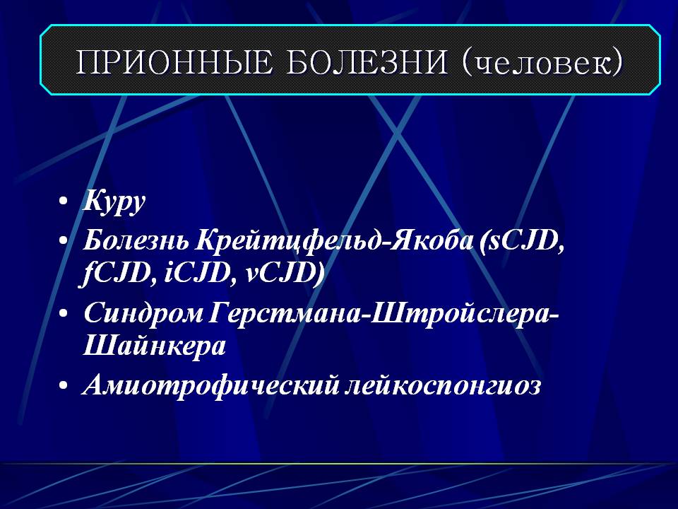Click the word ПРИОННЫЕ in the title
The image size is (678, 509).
pyautogui.click(x=174, y=62)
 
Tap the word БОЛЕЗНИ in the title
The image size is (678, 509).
pyautogui.click(x=367, y=62)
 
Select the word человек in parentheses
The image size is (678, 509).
pyautogui.click(x=542, y=63)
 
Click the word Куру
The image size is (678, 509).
pyautogui.click(x=114, y=201)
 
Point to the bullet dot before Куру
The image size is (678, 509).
pyautogui.click(x=64, y=201)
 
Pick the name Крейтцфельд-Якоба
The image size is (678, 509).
pyautogui.click(x=334, y=240)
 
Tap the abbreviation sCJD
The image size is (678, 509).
pyautogui.click(x=522, y=240)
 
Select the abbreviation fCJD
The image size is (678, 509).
pyautogui.click(x=114, y=274)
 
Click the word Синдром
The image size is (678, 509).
pyautogui.click(x=143, y=312)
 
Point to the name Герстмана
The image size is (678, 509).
pyautogui.click(x=282, y=312)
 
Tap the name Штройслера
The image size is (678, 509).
pyautogui.click(x=459, y=312)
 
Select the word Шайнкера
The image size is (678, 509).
pyautogui.click(x=155, y=346)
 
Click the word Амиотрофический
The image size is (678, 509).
pyautogui.click(x=210, y=385)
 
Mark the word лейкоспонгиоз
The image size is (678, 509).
pyautogui.click(x=442, y=385)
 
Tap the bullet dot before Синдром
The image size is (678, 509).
pyautogui.click(x=64, y=312)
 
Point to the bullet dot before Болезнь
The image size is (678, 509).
pyautogui.click(x=64, y=240)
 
